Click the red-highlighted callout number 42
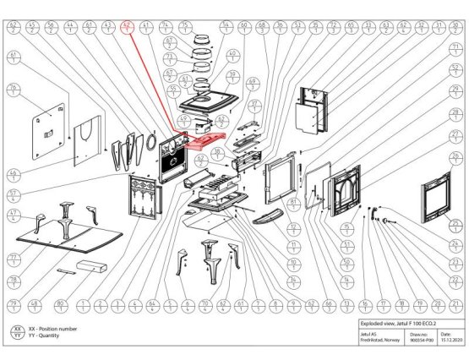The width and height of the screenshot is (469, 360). coord(128,27)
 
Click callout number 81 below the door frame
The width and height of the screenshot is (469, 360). coord(293,205)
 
